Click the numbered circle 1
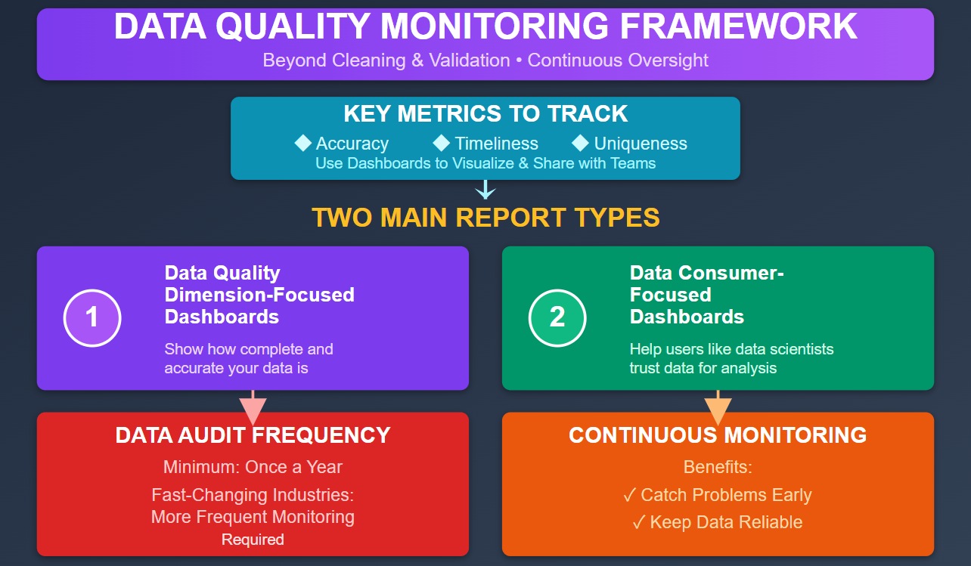92,317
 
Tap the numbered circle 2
557,317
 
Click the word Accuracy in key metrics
352,144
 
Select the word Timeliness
496,144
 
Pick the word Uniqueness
640,144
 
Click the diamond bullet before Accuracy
303,143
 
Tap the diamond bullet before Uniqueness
581,143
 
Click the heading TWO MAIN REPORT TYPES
485,218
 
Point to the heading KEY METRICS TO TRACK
485,113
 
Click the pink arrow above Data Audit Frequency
253,408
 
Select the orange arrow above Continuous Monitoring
718,408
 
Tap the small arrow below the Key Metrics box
485,190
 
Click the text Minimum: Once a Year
253,467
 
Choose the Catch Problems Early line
717,495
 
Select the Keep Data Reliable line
717,522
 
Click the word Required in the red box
253,540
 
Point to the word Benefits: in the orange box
717,467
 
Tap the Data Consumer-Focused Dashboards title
706,295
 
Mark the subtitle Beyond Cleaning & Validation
386,60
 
